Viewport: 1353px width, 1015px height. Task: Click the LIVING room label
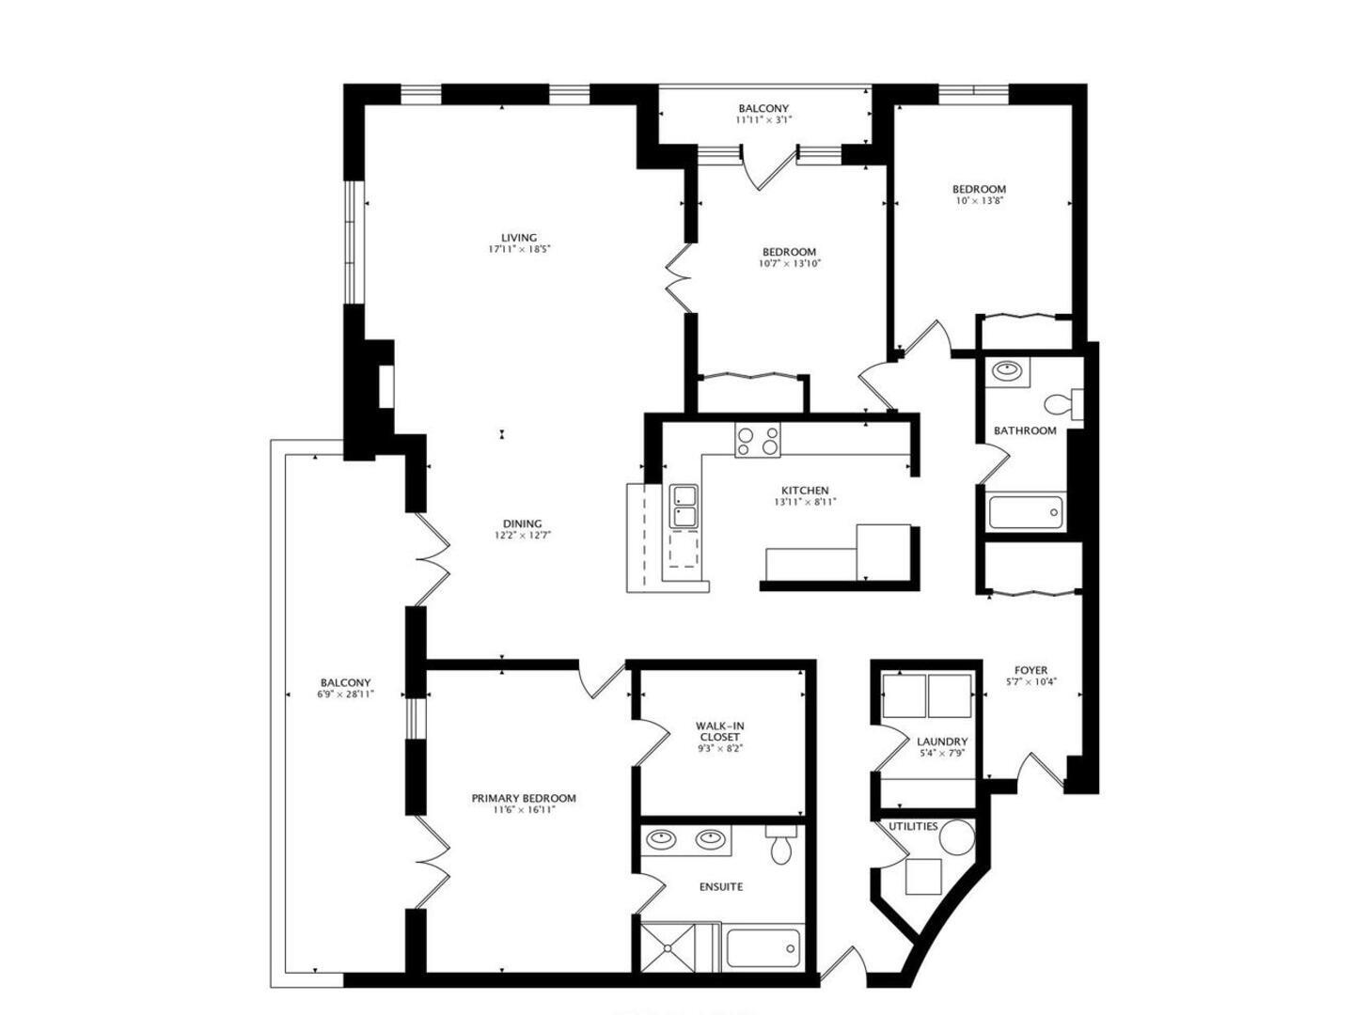(x=518, y=238)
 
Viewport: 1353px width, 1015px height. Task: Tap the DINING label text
(x=522, y=524)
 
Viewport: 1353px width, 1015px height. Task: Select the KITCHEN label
(x=805, y=491)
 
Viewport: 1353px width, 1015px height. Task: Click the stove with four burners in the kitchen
(x=757, y=441)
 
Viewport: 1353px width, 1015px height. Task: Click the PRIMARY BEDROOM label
(x=524, y=798)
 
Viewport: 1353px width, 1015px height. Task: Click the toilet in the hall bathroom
(x=1062, y=404)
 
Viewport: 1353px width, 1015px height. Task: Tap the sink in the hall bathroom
(x=1007, y=371)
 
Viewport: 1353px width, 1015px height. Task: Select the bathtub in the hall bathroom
(x=1026, y=512)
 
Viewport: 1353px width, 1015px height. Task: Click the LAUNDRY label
(x=942, y=742)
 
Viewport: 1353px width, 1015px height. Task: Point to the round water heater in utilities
(x=957, y=835)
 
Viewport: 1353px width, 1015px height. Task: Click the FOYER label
(x=1030, y=670)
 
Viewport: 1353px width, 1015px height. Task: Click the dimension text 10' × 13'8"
(x=979, y=201)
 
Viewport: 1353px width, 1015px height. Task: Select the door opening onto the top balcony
(x=769, y=167)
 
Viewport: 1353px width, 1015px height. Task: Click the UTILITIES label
(x=913, y=826)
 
